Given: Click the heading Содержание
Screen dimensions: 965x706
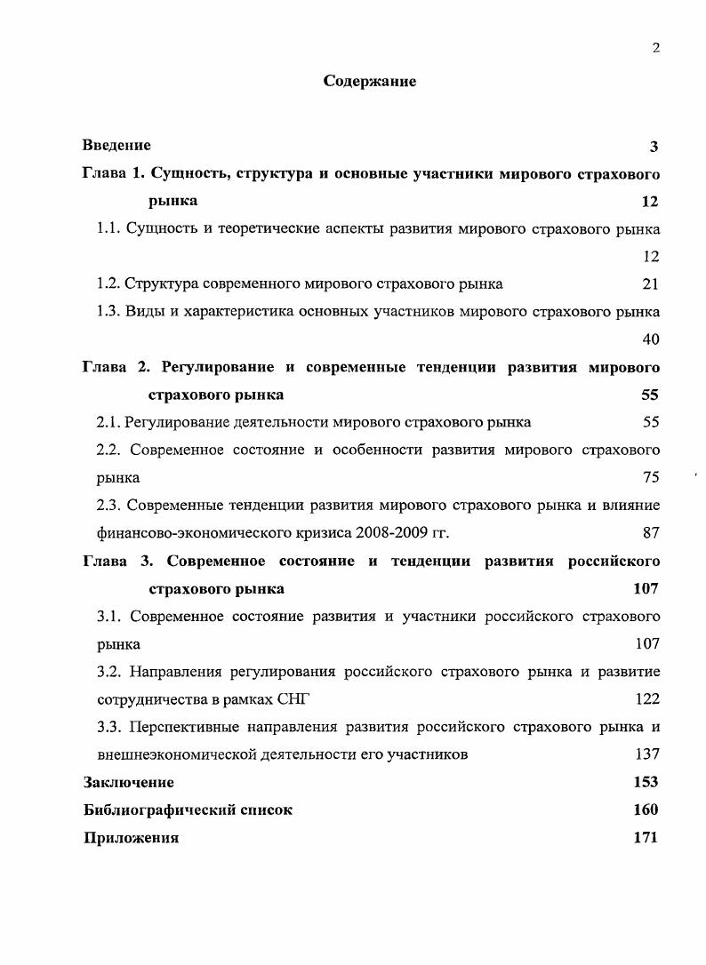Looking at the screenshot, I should pyautogui.click(x=370, y=82).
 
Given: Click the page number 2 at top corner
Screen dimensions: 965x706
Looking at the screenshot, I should pyautogui.click(x=655, y=48).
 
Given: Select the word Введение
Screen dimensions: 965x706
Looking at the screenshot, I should pyautogui.click(x=116, y=145).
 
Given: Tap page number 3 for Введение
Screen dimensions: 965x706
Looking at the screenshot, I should pyautogui.click(x=654, y=147).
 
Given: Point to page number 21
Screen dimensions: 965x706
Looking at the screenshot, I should pyautogui.click(x=650, y=284).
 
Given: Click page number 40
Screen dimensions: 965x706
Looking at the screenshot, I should pyautogui.click(x=650, y=339).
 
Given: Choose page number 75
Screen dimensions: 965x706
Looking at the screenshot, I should pyautogui.click(x=650, y=478).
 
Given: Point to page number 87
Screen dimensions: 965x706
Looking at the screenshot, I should pyautogui.click(x=650, y=533).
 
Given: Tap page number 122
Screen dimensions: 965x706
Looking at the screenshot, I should pyautogui.click(x=646, y=699).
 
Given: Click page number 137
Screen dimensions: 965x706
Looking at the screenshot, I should pyautogui.click(x=646, y=754).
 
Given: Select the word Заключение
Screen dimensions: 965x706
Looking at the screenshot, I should pyautogui.click(x=129, y=783).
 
